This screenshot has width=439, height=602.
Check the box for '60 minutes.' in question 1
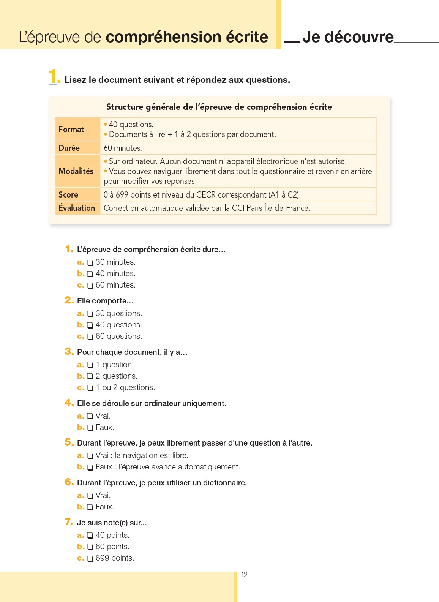[90, 286]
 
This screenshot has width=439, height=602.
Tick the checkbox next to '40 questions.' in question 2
[90, 325]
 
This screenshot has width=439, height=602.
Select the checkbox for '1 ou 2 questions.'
[90, 388]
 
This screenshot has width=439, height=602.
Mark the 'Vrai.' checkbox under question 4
[90, 417]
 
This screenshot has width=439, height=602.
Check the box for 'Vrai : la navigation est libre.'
[90, 456]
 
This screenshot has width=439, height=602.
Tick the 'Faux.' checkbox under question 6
[90, 507]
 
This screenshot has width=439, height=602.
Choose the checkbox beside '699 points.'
[90, 559]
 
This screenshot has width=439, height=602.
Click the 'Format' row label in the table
[71, 130]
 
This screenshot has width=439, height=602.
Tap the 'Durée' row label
[69, 148]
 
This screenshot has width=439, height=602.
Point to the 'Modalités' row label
[76, 171]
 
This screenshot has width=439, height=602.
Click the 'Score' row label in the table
[68, 195]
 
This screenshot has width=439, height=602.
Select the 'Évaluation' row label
[77, 208]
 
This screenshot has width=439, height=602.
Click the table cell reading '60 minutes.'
[123, 148]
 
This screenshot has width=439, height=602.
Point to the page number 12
[244, 575]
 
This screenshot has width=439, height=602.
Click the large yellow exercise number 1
[52, 76]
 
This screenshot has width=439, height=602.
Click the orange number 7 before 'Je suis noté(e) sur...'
[69, 522]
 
